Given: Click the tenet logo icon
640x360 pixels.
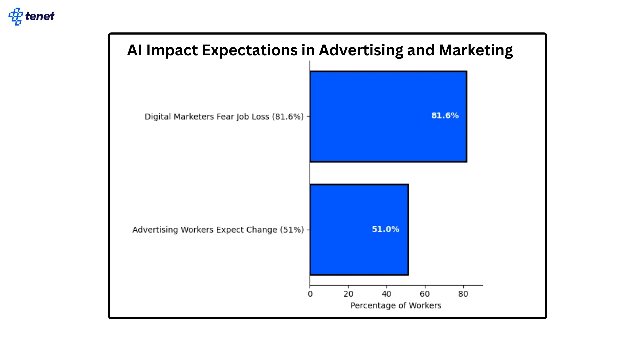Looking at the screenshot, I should tap(15, 16).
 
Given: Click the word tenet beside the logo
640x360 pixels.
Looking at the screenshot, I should tap(40, 16).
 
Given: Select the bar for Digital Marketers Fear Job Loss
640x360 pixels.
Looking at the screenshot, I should tap(388, 117).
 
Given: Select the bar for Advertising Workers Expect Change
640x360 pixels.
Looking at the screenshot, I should tap(359, 230).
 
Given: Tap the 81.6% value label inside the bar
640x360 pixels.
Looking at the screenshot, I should tap(445, 116).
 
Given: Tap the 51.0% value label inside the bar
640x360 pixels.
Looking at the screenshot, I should tap(385, 229).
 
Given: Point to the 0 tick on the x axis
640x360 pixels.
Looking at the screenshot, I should tap(310, 294).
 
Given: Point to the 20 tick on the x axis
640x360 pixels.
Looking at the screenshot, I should tap(348, 294).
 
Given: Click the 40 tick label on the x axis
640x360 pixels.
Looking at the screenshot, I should tap(386, 294).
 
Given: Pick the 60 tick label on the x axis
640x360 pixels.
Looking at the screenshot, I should tap(425, 294).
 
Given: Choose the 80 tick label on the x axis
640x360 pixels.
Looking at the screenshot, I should tap(463, 294).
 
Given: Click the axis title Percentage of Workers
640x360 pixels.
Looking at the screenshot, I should tap(396, 306).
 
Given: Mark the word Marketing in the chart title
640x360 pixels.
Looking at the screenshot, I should tap(476, 50).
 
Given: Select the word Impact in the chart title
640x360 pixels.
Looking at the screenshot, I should tap(172, 50).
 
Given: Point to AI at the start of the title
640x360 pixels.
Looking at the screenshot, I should tap(135, 50).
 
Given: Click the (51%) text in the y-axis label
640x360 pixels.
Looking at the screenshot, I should tap(292, 230).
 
